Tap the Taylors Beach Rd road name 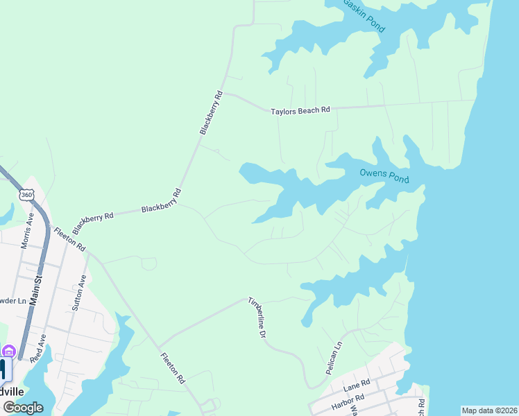pos(300,110)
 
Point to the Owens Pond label pos(384,176)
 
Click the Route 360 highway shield pos(26,196)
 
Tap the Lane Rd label pos(357,383)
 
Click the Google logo pos(24,408)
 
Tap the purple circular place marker pos(8,351)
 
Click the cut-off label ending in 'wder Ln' pos(12,301)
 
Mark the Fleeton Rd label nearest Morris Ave pos(69,239)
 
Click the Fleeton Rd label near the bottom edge pos(173,369)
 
